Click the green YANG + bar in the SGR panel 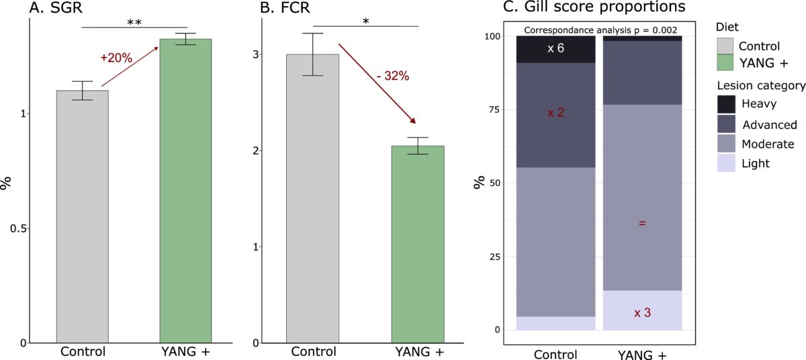click(185, 191)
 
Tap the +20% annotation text click(115, 58)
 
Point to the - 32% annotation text click(393, 76)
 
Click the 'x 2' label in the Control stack click(555, 113)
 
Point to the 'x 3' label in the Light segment click(642, 313)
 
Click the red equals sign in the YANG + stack click(642, 222)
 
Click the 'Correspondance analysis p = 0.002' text click(600, 30)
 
